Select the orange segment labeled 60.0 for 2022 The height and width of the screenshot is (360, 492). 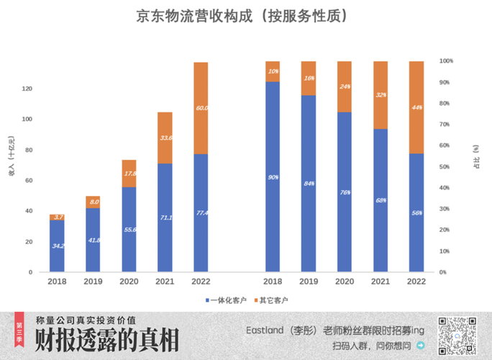tap(200, 108)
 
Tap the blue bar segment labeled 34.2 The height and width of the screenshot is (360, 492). tap(57, 246)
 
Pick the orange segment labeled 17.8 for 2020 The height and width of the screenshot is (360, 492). tap(129, 174)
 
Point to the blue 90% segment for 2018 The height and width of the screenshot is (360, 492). tap(273, 176)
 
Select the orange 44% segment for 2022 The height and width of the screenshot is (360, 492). tap(416, 107)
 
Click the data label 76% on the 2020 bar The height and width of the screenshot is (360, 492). tap(345, 192)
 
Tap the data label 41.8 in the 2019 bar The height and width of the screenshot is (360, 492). tap(93, 240)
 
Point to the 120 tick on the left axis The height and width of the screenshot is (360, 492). tap(27, 89)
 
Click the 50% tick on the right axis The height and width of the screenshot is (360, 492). tap(447, 167)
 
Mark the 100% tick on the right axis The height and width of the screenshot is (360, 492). tap(447, 61)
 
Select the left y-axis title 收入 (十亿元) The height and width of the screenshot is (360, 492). tap(11, 166)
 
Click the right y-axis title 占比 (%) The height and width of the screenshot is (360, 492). tap(475, 156)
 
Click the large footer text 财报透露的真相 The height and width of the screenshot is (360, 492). tap(106, 341)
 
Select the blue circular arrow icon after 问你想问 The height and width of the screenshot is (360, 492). tap(421, 346)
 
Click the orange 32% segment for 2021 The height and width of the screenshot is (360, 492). tap(380, 95)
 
